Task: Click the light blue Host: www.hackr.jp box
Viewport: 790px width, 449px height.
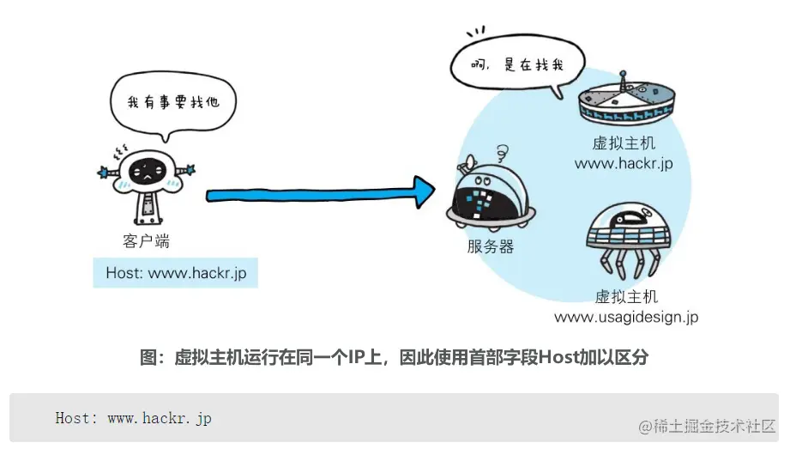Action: [x=176, y=273]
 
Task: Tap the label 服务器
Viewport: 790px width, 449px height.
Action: [x=491, y=246]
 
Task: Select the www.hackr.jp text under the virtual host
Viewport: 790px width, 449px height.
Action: [x=624, y=163]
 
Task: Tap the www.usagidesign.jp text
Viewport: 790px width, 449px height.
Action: [x=625, y=317]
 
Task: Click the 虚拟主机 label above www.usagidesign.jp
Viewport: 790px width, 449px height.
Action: [x=626, y=296]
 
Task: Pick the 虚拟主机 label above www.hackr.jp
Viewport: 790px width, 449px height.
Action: [x=624, y=143]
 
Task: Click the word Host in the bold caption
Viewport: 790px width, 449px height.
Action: [x=558, y=357]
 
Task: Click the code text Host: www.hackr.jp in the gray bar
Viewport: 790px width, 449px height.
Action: [x=133, y=418]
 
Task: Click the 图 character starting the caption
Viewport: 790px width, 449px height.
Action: [x=148, y=357]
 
